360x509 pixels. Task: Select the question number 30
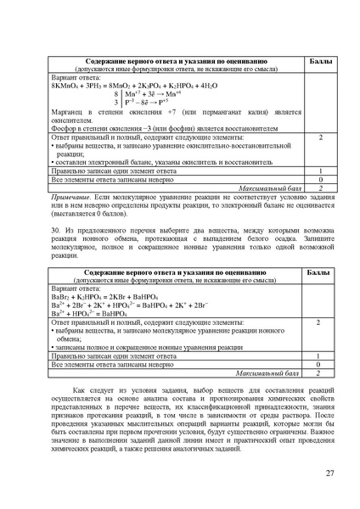pos(55,230)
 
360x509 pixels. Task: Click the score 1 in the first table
pos(319,171)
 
